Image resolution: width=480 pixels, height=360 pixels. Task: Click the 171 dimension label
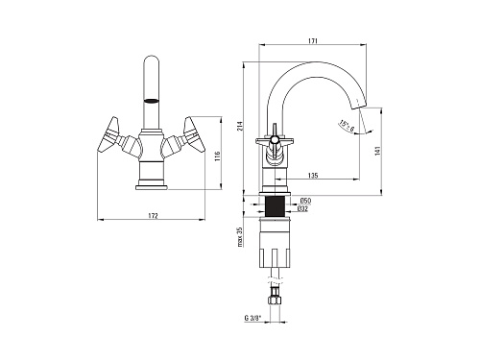(312, 41)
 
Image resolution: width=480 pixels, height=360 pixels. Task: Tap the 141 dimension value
(377, 151)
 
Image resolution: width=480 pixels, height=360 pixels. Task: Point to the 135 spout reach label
(313, 176)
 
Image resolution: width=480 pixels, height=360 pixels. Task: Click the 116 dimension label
(218, 156)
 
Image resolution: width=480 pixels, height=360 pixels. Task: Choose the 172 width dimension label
(153, 216)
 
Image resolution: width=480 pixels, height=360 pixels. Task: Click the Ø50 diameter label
(305, 201)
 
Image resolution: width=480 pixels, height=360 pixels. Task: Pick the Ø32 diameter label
(302, 208)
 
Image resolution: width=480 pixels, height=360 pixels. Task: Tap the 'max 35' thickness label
(240, 237)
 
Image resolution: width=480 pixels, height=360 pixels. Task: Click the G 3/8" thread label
(252, 318)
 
